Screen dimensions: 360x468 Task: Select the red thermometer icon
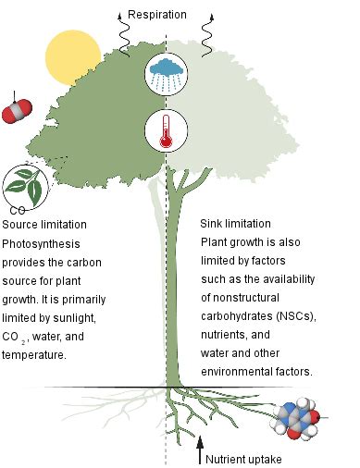click(x=166, y=129)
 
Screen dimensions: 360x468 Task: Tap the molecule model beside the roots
click(x=303, y=420)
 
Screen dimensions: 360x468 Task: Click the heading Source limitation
click(x=44, y=225)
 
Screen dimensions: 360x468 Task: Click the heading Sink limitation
click(x=235, y=225)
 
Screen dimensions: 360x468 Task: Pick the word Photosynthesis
click(x=43, y=243)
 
